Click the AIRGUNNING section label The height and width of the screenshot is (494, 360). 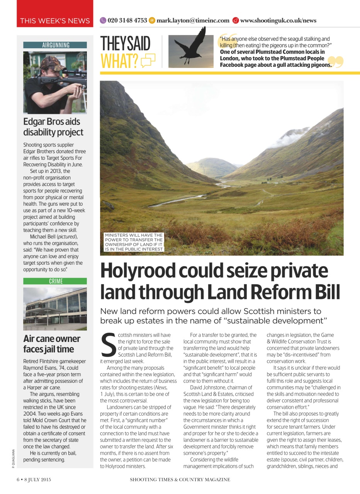pos(55,45)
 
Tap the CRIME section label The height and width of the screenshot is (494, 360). pos(55,281)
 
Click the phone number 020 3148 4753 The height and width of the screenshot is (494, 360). pos(127,20)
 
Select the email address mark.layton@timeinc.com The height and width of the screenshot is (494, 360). pos(193,20)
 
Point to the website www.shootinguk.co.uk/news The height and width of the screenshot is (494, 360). pos(278,20)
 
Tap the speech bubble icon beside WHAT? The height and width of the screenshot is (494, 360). pos(148,61)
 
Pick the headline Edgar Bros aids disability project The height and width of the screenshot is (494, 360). pos(53,127)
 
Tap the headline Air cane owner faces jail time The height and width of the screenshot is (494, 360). pos(52,344)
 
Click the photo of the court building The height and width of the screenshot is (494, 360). pos(55,308)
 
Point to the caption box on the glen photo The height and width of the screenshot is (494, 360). pos(134,242)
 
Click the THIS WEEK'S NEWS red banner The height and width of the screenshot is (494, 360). pos(55,20)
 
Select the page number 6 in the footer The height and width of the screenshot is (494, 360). pos(18,480)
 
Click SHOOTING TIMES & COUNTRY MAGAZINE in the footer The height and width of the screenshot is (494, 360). pos(180,480)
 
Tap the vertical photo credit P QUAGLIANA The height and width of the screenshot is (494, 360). pos(13,459)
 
